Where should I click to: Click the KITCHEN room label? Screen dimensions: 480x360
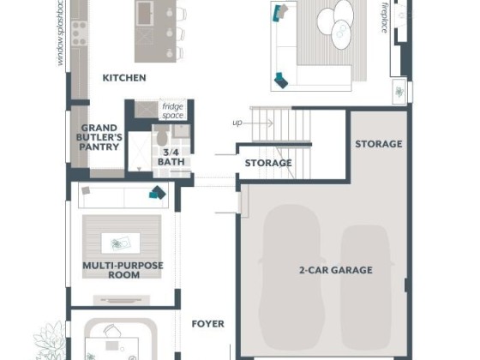coord(124,78)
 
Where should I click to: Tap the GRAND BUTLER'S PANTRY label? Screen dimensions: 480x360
coord(99,137)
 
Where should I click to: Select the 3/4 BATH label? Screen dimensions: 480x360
coord(171,157)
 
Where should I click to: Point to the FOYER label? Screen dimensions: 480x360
coord(207,324)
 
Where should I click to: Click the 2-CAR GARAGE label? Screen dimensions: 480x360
coord(336,270)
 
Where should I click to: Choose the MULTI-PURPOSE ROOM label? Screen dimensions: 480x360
coord(123,270)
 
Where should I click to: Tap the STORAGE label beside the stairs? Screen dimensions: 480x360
coord(268,163)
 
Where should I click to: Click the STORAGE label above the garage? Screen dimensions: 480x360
coord(379,144)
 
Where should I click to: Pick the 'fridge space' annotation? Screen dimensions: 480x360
coord(173,111)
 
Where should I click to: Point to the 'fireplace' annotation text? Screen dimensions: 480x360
coord(385,17)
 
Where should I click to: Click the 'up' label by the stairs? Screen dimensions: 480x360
coord(237,123)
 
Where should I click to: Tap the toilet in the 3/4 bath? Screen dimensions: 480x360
coord(162,135)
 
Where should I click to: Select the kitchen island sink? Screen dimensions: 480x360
coord(145,13)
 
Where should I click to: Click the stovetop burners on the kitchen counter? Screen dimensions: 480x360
coord(79,33)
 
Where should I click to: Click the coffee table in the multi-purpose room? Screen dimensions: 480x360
coord(121,243)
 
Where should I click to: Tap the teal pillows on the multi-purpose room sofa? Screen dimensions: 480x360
coord(158,193)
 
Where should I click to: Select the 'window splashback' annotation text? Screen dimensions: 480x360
coord(61,33)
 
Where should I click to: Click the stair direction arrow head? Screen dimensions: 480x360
coord(271,123)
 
